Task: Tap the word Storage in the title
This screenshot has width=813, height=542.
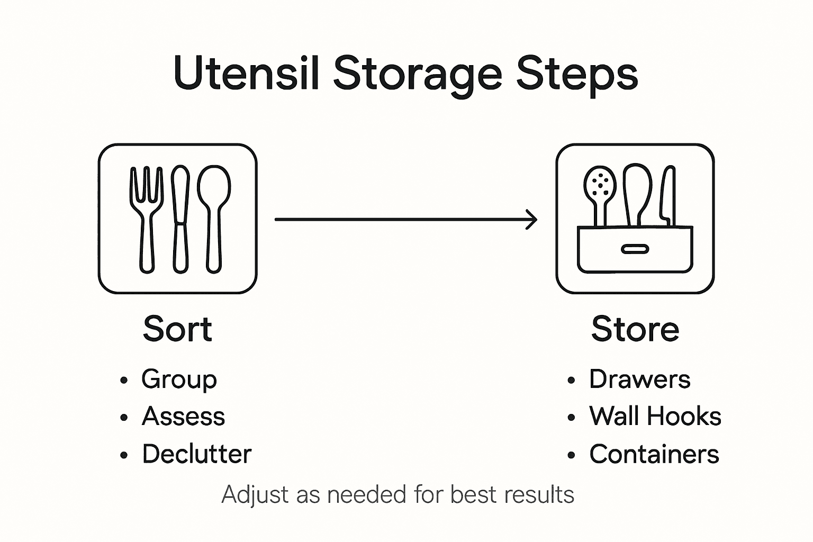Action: click(417, 74)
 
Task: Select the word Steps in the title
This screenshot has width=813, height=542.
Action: click(577, 74)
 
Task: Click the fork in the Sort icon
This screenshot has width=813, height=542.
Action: click(146, 217)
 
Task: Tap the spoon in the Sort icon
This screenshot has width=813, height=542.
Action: click(214, 217)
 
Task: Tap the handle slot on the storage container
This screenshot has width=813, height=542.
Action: click(635, 249)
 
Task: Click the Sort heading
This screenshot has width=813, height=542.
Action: click(177, 329)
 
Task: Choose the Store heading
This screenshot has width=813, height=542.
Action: click(635, 329)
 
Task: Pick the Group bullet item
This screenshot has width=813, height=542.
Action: click(179, 380)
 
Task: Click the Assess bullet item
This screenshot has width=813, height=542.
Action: click(183, 417)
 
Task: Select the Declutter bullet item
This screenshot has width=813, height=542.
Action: click(196, 454)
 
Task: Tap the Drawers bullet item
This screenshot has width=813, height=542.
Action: click(639, 380)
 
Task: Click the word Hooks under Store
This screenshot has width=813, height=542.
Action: click(688, 417)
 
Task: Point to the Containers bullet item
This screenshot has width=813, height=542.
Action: click(654, 454)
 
